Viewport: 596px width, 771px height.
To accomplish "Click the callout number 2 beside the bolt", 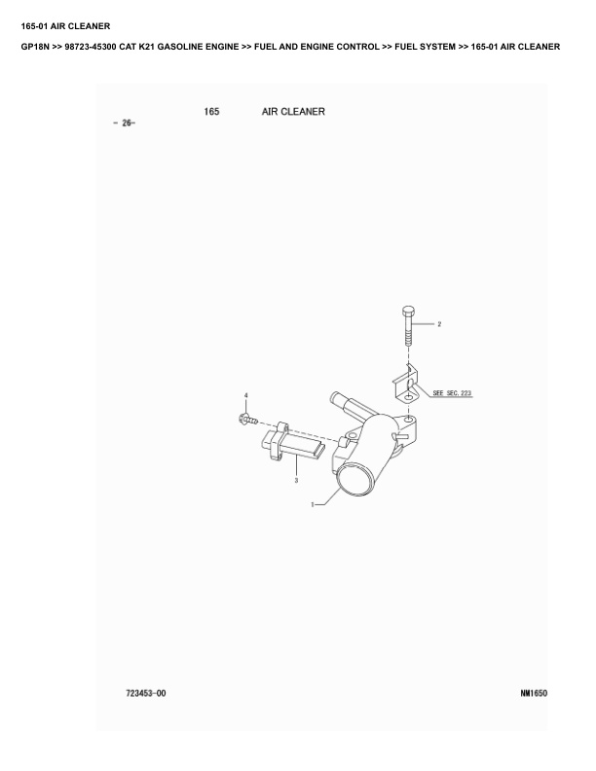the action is (x=439, y=324).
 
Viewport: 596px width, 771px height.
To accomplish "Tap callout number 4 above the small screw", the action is (x=245, y=395).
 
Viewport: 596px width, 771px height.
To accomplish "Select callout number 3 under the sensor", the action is (x=296, y=480).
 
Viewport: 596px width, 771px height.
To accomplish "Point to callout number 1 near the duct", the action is (x=312, y=504).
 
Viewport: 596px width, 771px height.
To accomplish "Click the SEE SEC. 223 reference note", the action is (x=452, y=393).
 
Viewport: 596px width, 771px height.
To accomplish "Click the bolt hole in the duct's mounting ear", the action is (x=409, y=420).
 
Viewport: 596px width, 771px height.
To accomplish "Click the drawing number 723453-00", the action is (x=146, y=693).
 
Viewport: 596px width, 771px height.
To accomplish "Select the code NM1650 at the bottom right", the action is (x=534, y=693).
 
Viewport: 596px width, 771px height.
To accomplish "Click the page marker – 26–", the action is (x=124, y=123).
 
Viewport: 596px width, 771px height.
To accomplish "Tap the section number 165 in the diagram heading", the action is (x=211, y=112).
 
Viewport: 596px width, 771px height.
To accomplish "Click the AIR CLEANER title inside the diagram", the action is (x=293, y=112).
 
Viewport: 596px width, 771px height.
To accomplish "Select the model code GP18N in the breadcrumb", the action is (x=35, y=47).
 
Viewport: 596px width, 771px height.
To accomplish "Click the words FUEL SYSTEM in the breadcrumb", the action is (x=425, y=47).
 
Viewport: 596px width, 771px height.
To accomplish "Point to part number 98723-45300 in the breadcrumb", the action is (x=91, y=47).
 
